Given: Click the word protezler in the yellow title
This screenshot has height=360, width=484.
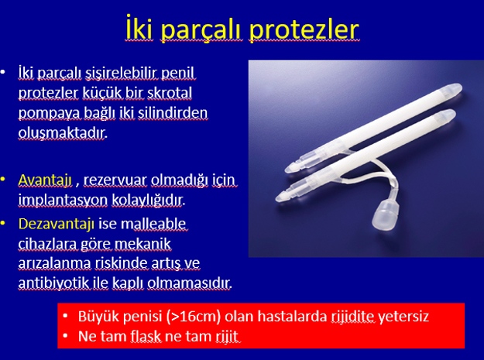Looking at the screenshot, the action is [x=304, y=30].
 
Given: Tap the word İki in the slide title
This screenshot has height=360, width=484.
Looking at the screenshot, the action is [x=139, y=29].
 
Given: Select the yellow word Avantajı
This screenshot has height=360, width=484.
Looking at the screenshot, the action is [x=45, y=180].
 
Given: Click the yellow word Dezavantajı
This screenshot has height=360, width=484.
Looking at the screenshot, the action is [x=57, y=225].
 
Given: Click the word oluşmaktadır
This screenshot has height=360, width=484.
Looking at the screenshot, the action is [x=63, y=133].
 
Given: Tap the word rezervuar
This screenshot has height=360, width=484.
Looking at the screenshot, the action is [x=115, y=180].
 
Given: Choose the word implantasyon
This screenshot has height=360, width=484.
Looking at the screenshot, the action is [x=63, y=201].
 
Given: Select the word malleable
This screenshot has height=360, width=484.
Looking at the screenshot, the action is [x=153, y=224].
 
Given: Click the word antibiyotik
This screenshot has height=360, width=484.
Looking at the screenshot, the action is [x=53, y=283].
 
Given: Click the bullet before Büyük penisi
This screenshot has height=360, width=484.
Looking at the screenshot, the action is [x=65, y=316].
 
